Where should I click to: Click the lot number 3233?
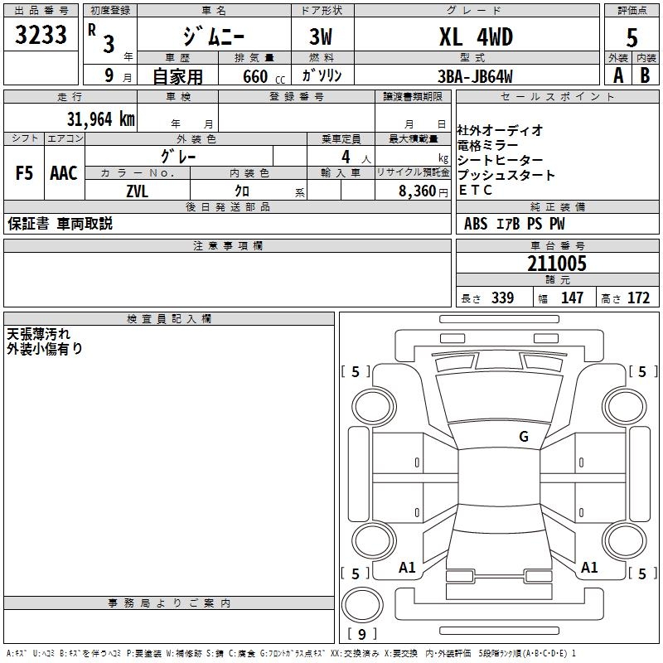(x=41, y=36)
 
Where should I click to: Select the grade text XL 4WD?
(x=476, y=36)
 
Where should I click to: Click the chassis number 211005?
(x=557, y=264)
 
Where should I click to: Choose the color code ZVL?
(x=138, y=190)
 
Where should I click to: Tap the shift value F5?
(x=24, y=172)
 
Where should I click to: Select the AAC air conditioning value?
(x=64, y=172)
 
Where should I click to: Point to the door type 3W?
(x=322, y=36)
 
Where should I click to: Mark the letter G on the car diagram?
(x=523, y=437)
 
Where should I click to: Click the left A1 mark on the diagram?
(x=407, y=568)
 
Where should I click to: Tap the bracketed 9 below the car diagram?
(x=361, y=635)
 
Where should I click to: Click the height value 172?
(x=638, y=298)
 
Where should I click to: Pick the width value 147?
(x=572, y=298)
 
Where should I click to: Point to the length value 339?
(x=501, y=298)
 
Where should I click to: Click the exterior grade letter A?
(x=617, y=75)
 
